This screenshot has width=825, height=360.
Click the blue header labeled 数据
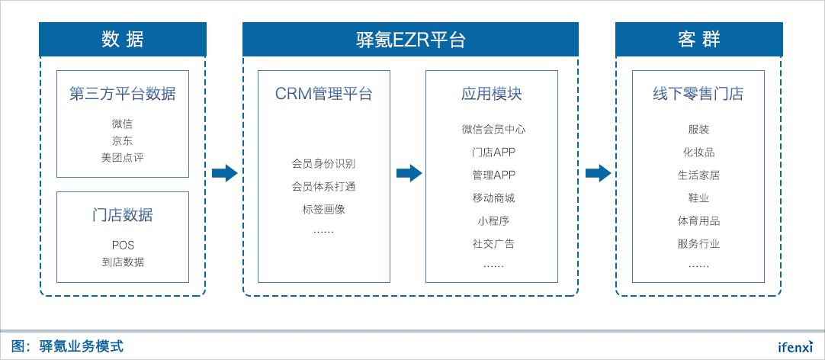pyautogui.click(x=123, y=40)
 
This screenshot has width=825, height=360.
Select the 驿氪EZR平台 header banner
pyautogui.click(x=410, y=40)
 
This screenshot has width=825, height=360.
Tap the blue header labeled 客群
pyautogui.click(x=698, y=40)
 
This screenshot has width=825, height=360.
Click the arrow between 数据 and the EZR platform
pyautogui.click(x=224, y=173)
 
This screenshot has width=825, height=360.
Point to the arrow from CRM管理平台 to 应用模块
pyautogui.click(x=409, y=173)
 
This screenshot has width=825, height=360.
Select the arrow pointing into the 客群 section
pyautogui.click(x=598, y=173)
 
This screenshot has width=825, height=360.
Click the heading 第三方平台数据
pyautogui.click(x=123, y=95)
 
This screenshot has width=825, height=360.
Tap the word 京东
pyautogui.click(x=123, y=140)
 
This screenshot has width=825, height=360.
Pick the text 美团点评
pyautogui.click(x=123, y=158)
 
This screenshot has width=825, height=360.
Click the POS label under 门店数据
pyautogui.click(x=123, y=245)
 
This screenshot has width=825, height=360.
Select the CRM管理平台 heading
pyautogui.click(x=324, y=95)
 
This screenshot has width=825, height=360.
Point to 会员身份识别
pyautogui.click(x=324, y=163)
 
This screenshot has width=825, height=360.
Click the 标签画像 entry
pyautogui.click(x=324, y=208)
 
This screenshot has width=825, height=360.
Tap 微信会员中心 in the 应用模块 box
pyautogui.click(x=493, y=129)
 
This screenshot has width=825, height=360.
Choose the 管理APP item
pyautogui.click(x=493, y=175)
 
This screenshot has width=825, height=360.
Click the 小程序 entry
pyautogui.click(x=493, y=221)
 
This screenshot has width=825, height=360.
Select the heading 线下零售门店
pyautogui.click(x=698, y=95)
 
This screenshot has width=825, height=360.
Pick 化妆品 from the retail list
pyautogui.click(x=698, y=152)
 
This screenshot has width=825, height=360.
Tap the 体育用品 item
pyautogui.click(x=698, y=221)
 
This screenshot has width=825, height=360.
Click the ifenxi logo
pyautogui.click(x=795, y=346)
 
